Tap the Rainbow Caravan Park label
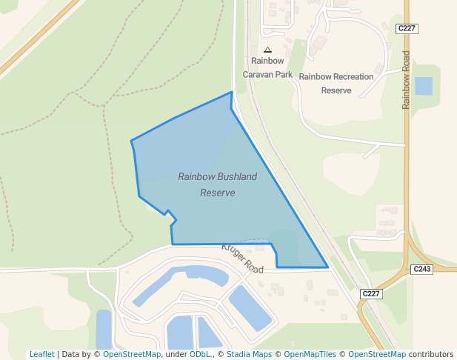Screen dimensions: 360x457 [x=267, y=67]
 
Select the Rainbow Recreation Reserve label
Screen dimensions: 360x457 [x=336, y=83]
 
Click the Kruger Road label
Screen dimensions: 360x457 [x=242, y=257]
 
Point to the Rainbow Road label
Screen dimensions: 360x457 [x=406, y=80]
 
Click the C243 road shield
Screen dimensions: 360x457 [x=421, y=269]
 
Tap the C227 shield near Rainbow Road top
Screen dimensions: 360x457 [x=407, y=28]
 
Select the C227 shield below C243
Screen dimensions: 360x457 [x=371, y=294]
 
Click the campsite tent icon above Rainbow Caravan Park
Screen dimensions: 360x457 [x=267, y=50]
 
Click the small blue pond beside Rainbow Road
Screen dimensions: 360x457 [x=424, y=86]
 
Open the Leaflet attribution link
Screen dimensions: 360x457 [x=41, y=354]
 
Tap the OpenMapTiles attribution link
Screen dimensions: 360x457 [x=309, y=354]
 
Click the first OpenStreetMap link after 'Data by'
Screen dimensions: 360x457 [x=132, y=354]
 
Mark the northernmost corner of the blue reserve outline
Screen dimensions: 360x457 [x=232, y=93]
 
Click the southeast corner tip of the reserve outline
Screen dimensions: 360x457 [x=327, y=267]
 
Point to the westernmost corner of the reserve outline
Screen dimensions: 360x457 [x=131, y=140]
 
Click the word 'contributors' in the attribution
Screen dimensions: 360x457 [x=431, y=354]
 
